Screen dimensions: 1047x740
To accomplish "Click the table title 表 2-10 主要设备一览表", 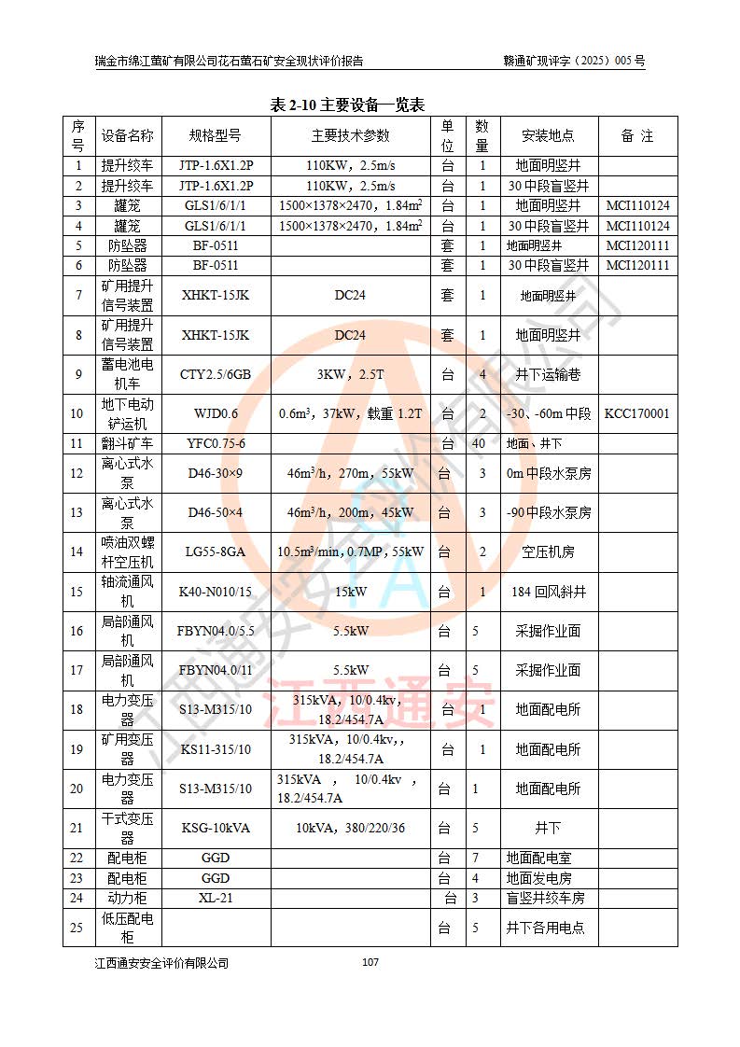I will click(347, 105).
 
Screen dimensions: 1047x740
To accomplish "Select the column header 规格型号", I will click(216, 136).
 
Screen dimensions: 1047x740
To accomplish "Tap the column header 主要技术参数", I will click(351, 136).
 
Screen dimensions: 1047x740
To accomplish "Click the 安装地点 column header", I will click(549, 136).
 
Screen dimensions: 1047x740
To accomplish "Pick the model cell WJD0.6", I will click(216, 413).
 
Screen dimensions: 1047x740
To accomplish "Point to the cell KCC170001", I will click(637, 413).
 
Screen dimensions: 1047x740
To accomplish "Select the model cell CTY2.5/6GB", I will click(216, 374).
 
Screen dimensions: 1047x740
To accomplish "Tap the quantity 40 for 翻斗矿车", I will click(479, 443).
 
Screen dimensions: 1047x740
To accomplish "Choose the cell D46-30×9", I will click(216, 473).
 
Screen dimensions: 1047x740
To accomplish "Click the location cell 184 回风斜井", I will click(549, 592).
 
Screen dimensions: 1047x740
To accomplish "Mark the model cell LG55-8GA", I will click(216, 551).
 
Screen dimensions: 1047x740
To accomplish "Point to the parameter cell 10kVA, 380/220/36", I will click(351, 828).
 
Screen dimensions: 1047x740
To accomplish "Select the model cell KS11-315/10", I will click(216, 749).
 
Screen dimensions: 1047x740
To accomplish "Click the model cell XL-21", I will click(216, 898).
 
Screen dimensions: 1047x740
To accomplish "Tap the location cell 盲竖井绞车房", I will click(549, 898).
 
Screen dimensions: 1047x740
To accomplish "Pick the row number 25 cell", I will click(77, 928).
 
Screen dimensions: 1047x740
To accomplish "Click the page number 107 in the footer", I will click(370, 962).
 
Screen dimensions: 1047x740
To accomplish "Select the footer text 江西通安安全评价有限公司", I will click(161, 963).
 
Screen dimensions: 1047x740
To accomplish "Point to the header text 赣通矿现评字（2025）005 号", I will click(574, 61).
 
